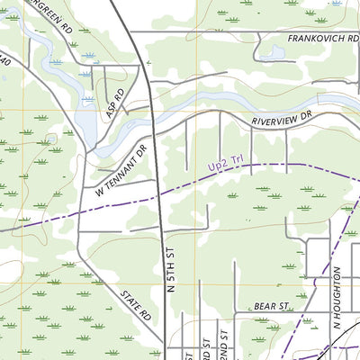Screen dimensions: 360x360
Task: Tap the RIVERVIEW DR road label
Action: pos(280,117)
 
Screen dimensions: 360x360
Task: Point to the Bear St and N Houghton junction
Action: pos(322,313)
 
